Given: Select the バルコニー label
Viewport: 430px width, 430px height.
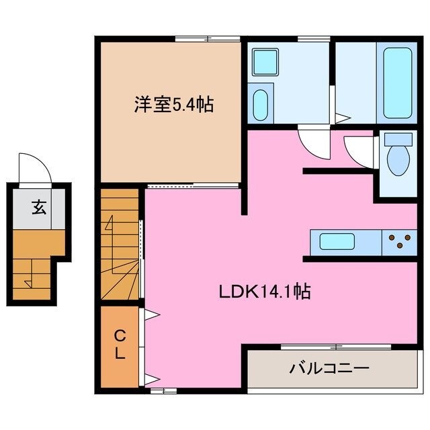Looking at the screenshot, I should tap(329, 368).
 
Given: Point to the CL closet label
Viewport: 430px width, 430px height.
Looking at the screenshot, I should tap(119, 345).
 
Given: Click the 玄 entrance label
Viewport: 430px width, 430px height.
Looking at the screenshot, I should tap(38, 208).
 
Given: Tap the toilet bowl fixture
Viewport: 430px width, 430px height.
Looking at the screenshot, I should tap(398, 156).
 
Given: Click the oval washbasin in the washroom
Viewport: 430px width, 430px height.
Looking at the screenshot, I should tap(261, 105).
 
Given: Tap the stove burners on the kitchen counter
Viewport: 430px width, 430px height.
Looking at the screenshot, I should tap(399, 241).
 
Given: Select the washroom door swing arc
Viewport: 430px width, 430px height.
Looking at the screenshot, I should tap(313, 142).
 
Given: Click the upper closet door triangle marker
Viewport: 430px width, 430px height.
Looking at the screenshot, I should tap(153, 314).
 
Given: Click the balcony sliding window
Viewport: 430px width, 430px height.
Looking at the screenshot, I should tap(335, 347).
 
